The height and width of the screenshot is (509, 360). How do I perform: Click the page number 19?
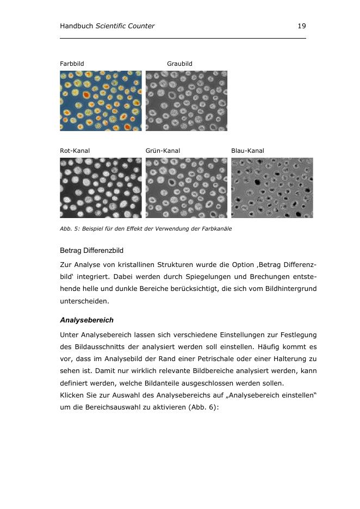tap(302, 26)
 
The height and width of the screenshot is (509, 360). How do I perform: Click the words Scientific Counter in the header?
tap(125, 26)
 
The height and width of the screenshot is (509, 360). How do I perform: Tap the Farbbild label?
tap(72, 64)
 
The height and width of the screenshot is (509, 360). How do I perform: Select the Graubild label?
tap(179, 64)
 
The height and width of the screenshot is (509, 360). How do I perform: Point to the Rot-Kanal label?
tap(75, 151)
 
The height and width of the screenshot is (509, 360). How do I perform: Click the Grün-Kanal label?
tap(163, 151)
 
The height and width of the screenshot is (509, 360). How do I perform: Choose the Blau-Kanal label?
tap(247, 151)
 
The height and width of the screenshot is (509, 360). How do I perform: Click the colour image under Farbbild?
tap(101, 101)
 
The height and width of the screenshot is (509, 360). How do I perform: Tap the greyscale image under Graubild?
tap(186, 101)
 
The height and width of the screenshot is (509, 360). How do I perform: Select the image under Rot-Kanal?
tap(101, 188)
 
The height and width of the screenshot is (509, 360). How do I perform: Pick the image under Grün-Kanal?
tap(186, 188)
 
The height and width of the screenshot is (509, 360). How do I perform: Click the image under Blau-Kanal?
tap(272, 188)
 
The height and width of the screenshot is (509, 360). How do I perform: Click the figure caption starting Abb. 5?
tap(146, 228)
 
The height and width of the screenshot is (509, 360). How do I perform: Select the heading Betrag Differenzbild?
tap(91, 251)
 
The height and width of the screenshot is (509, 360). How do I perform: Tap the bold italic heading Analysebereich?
tap(86, 320)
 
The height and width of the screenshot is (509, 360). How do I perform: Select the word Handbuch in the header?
tap(76, 26)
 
